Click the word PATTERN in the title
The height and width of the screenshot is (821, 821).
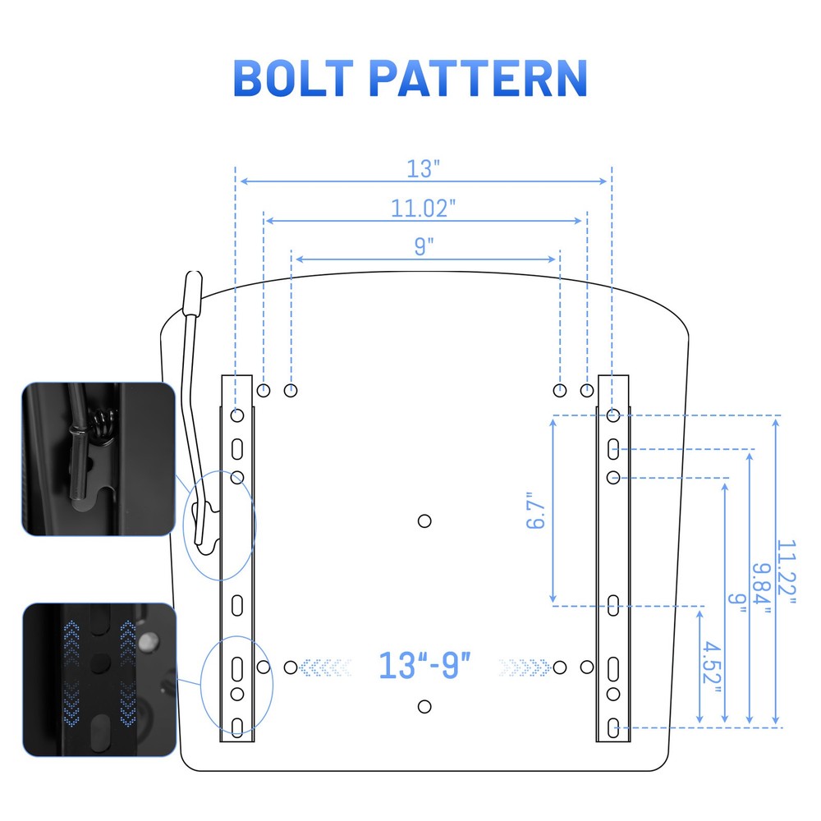(478, 78)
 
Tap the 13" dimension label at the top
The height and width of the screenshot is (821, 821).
(423, 168)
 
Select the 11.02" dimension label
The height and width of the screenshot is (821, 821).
(423, 209)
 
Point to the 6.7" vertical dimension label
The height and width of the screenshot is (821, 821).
(535, 510)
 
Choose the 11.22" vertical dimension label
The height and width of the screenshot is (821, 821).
(786, 571)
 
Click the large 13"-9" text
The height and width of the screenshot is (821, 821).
(424, 666)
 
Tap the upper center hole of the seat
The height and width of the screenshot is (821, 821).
(424, 521)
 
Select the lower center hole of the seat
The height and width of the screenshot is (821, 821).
(424, 706)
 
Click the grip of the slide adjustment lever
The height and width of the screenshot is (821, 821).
(193, 293)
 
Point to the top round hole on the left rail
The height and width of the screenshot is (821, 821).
(237, 415)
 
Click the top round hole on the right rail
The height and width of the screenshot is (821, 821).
(613, 415)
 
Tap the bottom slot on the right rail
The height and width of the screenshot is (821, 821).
(613, 727)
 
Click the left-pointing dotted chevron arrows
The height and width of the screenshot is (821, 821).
(324, 667)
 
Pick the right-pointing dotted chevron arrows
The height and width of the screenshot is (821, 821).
(525, 667)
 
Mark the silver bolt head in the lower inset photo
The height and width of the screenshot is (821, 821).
(149, 640)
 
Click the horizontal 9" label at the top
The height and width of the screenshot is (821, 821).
(424, 246)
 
